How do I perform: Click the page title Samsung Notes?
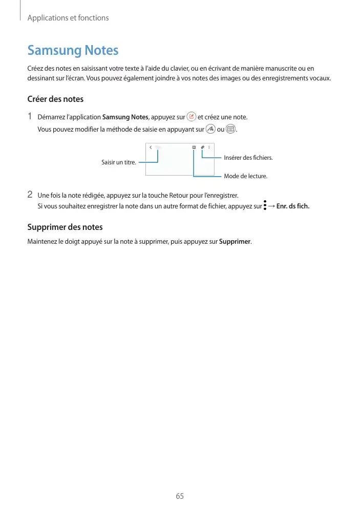point(73,50)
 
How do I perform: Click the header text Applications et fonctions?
point(68,18)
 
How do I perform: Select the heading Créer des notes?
point(55,99)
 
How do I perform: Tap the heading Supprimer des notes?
point(65,227)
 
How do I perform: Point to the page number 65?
point(180,496)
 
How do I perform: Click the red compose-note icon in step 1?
point(191,117)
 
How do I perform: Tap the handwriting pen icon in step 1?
point(210,129)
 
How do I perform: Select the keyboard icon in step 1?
point(230,129)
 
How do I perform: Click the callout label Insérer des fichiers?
point(248,158)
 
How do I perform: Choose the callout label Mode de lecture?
point(245,176)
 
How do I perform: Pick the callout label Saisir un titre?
point(118,162)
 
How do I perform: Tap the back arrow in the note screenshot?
point(151,147)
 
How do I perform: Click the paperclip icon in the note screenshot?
point(202,147)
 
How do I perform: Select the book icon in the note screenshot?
point(194,147)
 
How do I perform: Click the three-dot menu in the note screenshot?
point(209,147)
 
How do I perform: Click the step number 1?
point(30,116)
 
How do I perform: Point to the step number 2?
point(30,195)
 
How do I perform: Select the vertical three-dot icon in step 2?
point(265,206)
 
